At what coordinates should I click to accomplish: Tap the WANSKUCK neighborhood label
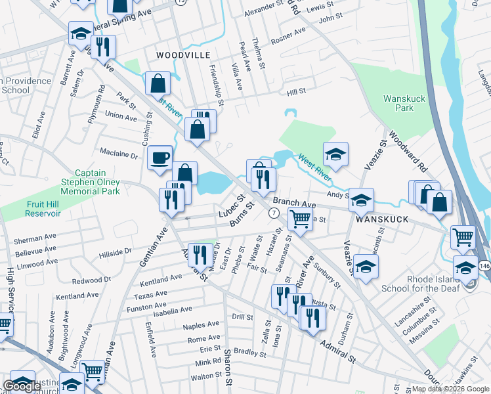tap(383, 219)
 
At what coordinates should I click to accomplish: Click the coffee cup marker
tap(160, 158)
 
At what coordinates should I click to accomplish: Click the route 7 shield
tap(273, 213)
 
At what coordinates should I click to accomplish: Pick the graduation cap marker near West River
tap(335, 154)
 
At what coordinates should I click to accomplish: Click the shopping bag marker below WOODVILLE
tap(158, 84)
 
